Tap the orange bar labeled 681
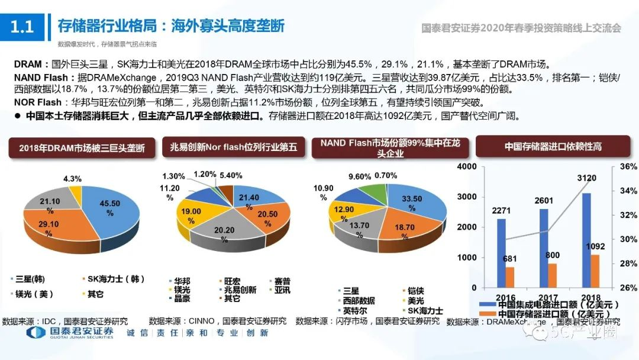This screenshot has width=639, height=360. pos(510,278)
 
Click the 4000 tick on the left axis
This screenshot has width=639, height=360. pos(466,166)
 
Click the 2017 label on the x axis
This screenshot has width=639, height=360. pos(548,297)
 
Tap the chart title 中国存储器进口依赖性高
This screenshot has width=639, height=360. pos(553,146)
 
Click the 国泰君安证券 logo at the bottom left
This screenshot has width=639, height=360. pos(70,333)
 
